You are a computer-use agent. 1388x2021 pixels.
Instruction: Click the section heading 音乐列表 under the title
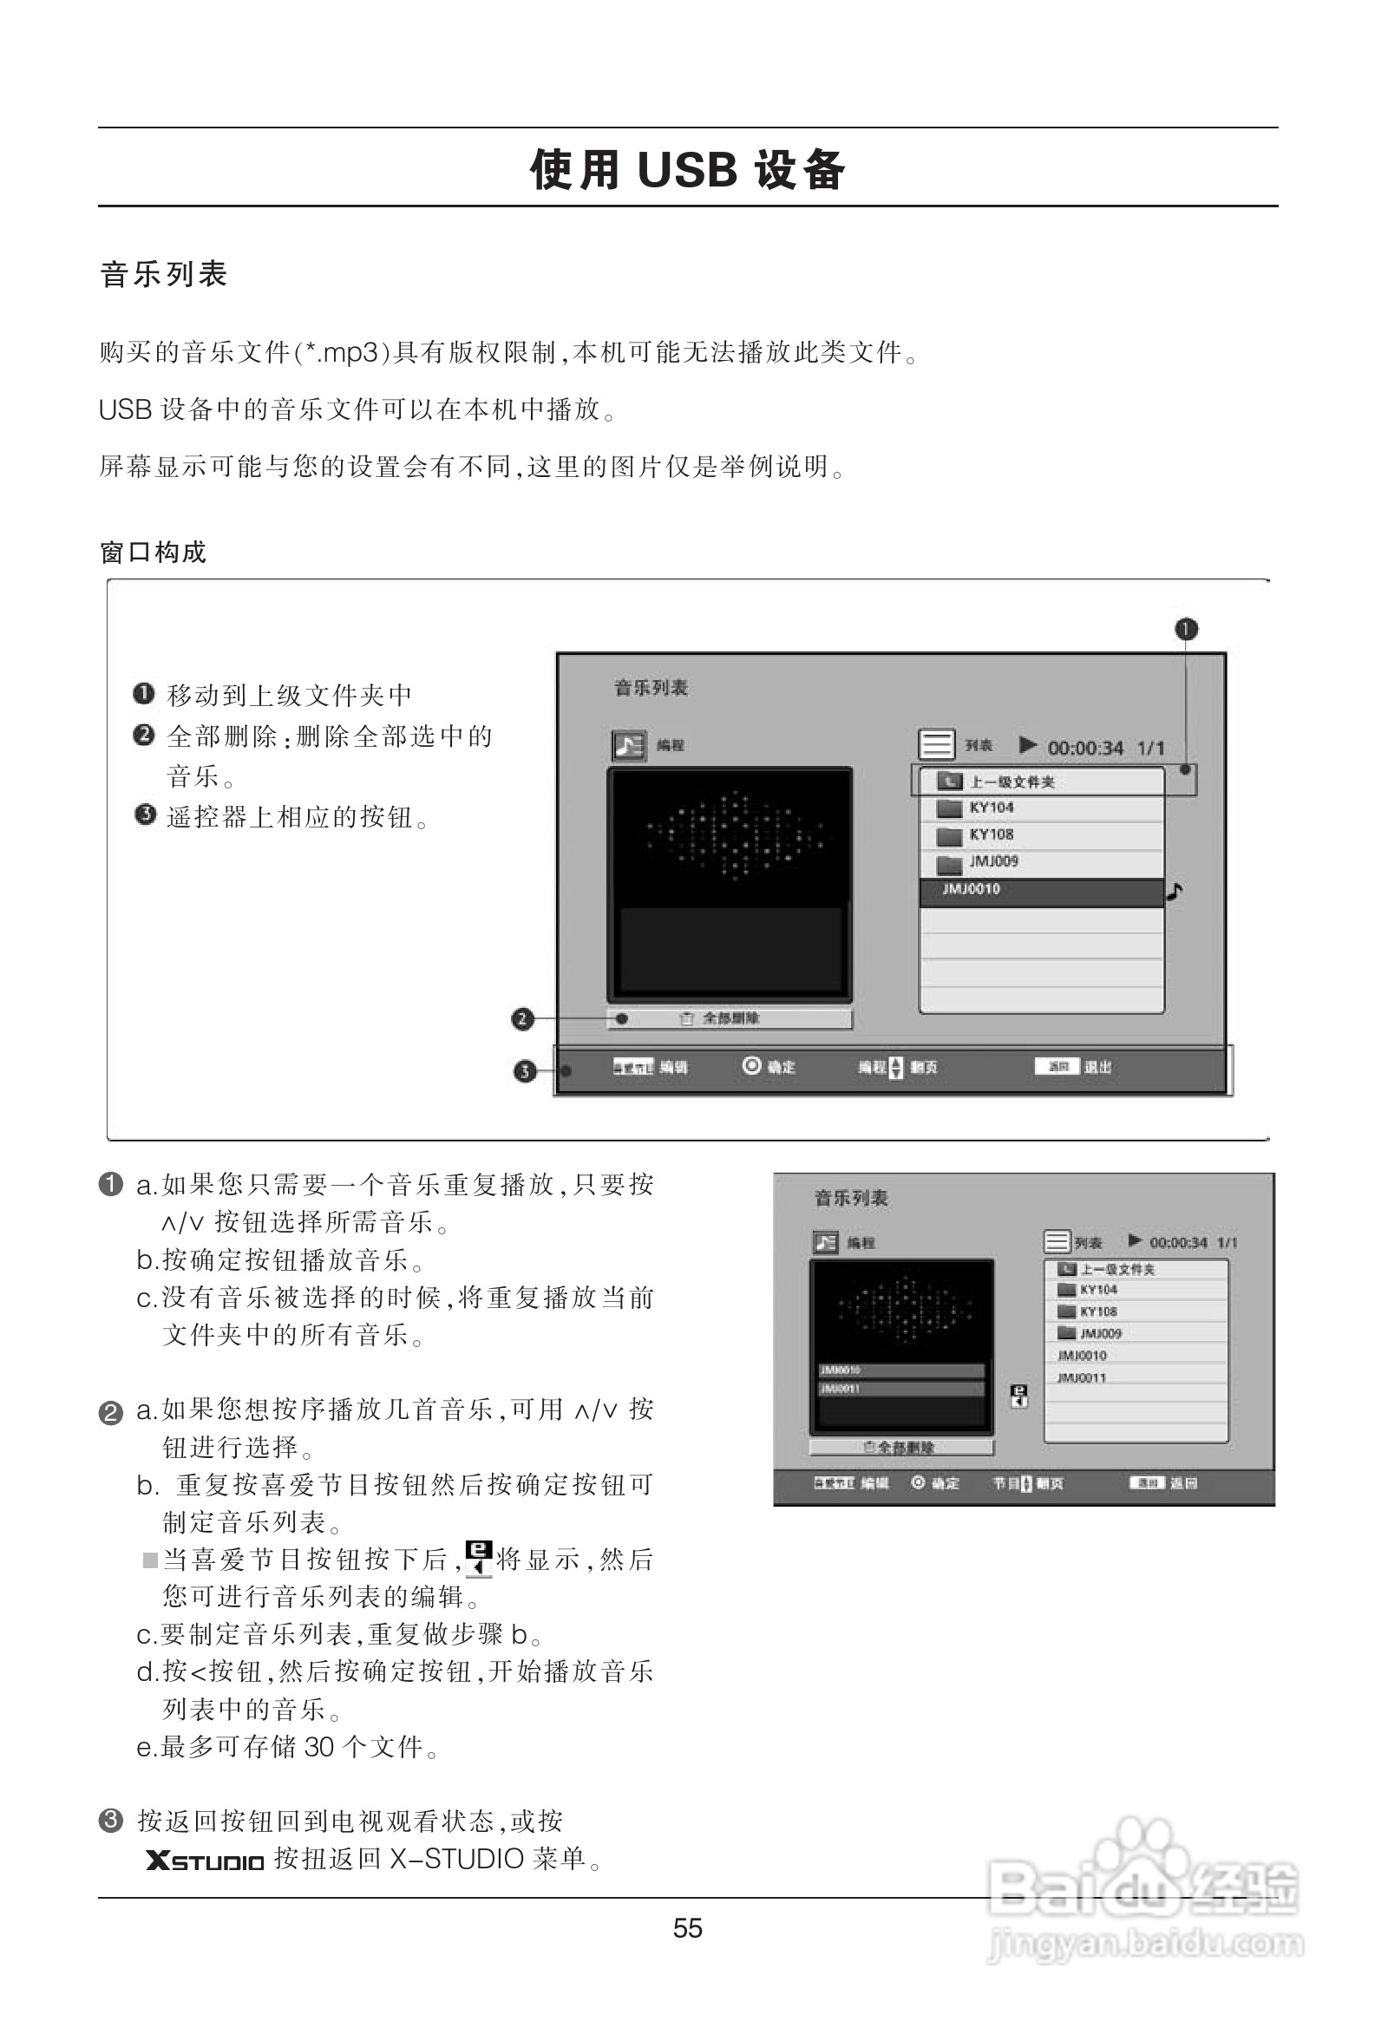[x=163, y=275]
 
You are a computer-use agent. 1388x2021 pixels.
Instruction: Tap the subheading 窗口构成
[x=153, y=553]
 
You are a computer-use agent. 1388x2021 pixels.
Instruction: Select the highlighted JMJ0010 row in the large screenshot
[x=1040, y=891]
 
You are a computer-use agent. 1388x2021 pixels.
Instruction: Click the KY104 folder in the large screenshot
[x=992, y=808]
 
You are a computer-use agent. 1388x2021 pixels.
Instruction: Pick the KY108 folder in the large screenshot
[x=992, y=834]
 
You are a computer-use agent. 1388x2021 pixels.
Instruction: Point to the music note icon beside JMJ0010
[x=1175, y=892]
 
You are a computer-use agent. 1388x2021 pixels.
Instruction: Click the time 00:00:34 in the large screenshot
[x=1084, y=749]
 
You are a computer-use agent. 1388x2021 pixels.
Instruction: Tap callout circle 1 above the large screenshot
[x=1186, y=629]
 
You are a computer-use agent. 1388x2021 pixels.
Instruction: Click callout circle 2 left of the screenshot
[x=522, y=1019]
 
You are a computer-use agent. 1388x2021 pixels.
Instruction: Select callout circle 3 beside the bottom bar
[x=525, y=1071]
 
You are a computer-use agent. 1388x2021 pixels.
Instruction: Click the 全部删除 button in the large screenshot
[x=729, y=1019]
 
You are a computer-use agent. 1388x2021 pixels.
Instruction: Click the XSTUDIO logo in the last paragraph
[x=206, y=1861]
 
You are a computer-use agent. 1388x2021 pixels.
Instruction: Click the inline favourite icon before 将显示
[x=478, y=1558]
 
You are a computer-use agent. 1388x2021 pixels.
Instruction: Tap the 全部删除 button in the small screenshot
[x=901, y=1448]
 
